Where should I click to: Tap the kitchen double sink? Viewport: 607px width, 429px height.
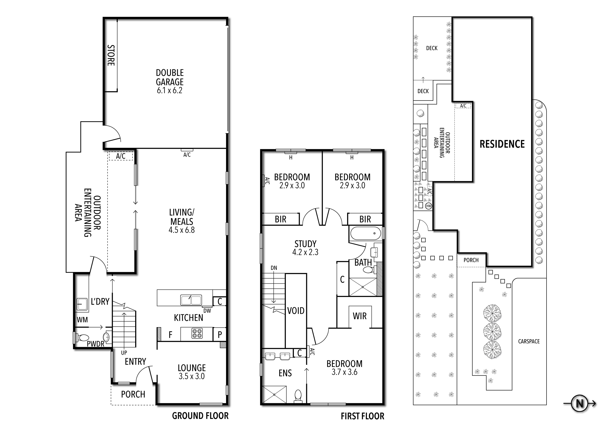pos(191,300)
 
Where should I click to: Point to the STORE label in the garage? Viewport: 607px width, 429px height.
pos(111,55)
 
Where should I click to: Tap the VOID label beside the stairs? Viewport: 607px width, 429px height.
pos(296,311)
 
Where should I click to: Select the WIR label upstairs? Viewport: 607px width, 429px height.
pos(360,316)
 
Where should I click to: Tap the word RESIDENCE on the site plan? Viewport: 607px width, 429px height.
pos(502,144)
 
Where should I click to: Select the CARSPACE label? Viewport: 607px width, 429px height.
pos(529,341)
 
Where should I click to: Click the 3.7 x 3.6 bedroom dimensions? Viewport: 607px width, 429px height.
pos(344,372)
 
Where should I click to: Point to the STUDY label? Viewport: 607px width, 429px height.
pos(305,244)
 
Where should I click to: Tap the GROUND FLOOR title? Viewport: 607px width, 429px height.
pos(200,416)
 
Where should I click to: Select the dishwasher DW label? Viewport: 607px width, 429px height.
pos(207,311)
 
